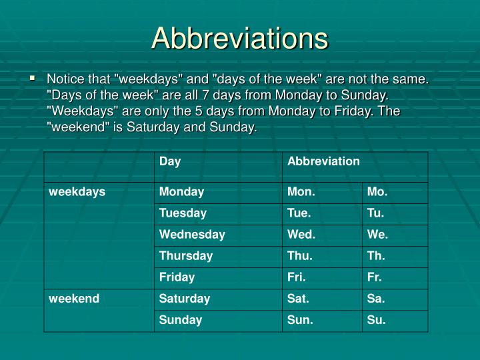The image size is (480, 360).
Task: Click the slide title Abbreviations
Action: pos(240,38)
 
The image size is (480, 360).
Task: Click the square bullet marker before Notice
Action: pos(33,79)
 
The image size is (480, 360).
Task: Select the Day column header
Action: pos(170,161)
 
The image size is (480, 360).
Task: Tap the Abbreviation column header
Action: pos(323,161)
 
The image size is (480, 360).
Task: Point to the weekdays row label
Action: pos(77,192)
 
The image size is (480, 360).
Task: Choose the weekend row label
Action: pos(74,299)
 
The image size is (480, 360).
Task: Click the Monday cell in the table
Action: pos(181,192)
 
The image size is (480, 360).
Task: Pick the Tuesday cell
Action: pos(183,213)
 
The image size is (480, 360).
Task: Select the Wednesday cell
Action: pos(192,235)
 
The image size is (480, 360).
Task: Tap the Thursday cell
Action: pos(186,256)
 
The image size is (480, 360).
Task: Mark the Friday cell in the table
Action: pos(177,277)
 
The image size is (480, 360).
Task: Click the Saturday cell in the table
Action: pos(185,299)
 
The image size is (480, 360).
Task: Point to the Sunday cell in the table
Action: pos(181,320)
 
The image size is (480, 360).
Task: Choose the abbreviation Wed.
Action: pos(301,235)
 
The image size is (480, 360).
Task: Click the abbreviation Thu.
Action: pos(300,256)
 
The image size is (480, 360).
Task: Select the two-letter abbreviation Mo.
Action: pos(377,192)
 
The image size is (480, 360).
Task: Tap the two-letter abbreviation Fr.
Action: pos(375,277)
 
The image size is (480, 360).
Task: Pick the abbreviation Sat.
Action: pos(299,299)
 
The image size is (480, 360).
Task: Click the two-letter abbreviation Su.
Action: pos(377,320)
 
